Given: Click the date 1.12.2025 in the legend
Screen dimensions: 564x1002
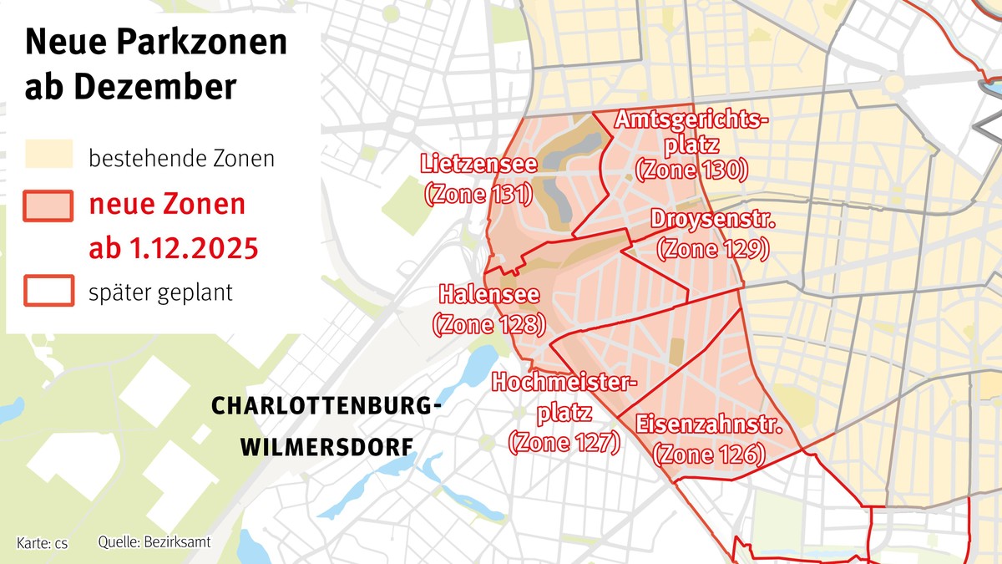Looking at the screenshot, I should (195, 248).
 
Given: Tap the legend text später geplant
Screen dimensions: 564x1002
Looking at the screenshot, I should (160, 292).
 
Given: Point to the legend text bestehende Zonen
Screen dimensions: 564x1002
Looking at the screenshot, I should (181, 158).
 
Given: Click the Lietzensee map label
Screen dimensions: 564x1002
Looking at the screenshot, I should (478, 162).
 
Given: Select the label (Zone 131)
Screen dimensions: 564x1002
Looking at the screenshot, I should (478, 195).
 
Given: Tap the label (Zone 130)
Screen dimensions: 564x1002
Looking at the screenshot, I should (691, 170).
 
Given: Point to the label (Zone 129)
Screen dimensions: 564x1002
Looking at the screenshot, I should (713, 248).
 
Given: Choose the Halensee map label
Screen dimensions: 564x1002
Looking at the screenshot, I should (488, 295).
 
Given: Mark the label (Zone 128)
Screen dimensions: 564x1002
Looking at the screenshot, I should (488, 324).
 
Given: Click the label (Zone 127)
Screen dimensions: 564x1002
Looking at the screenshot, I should (564, 442).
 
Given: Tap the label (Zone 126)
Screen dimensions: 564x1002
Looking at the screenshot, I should (709, 455).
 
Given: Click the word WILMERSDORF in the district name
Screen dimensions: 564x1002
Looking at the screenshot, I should (326, 447).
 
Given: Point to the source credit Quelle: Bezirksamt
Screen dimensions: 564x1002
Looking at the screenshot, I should (154, 542).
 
